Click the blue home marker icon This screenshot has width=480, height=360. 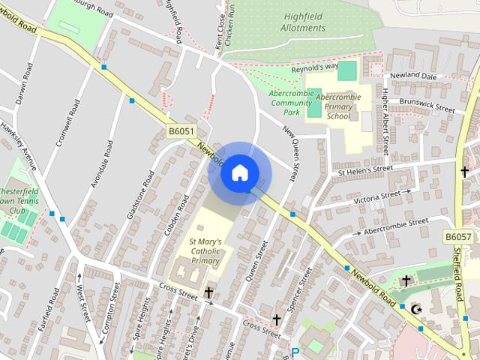pyautogui.click(x=239, y=172)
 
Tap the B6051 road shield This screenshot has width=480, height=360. pyautogui.click(x=181, y=131)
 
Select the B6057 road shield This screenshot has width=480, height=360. pyautogui.click(x=457, y=237)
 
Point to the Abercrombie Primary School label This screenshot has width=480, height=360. pyautogui.click(x=338, y=106)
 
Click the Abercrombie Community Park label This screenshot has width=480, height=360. pyautogui.click(x=286, y=103)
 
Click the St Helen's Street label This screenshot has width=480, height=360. pyautogui.click(x=365, y=172)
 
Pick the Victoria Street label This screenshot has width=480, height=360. pyautogui.click(x=376, y=198)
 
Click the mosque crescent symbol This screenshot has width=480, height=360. pyautogui.click(x=417, y=308)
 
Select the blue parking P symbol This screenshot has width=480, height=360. pyautogui.click(x=295, y=352)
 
